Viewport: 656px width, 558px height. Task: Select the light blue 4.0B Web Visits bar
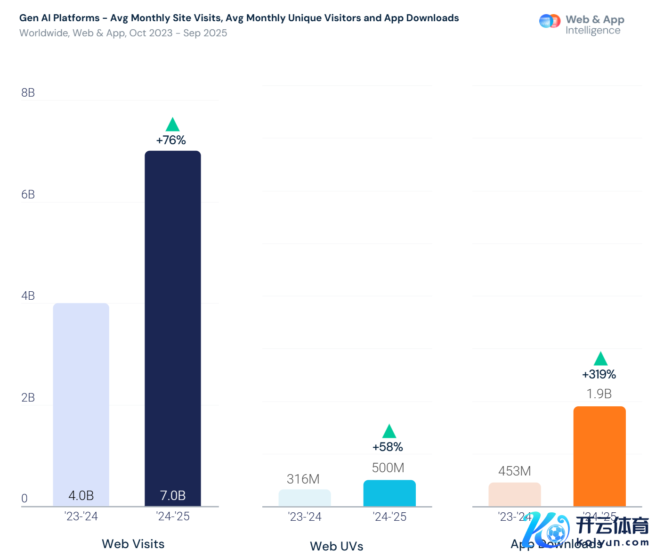click(81, 401)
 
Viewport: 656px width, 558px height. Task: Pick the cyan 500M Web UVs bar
click(389, 493)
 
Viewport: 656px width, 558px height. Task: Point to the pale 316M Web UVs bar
click(305, 498)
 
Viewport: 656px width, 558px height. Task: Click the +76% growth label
click(171, 140)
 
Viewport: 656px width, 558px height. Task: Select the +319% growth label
click(599, 374)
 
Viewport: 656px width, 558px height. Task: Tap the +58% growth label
click(388, 447)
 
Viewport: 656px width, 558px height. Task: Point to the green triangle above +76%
click(173, 125)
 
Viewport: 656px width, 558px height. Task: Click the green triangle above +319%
click(600, 359)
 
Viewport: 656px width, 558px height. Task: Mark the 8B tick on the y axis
click(28, 92)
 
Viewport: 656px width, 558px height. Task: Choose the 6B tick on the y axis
click(28, 194)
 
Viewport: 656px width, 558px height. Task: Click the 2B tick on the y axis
click(28, 397)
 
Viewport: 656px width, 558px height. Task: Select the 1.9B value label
click(599, 394)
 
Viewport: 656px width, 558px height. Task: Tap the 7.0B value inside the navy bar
click(173, 495)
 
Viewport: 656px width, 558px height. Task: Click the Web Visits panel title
click(133, 544)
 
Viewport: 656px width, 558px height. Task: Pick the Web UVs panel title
click(337, 546)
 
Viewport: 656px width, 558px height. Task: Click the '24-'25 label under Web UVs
click(389, 517)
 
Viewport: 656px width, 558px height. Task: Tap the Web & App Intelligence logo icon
click(550, 21)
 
